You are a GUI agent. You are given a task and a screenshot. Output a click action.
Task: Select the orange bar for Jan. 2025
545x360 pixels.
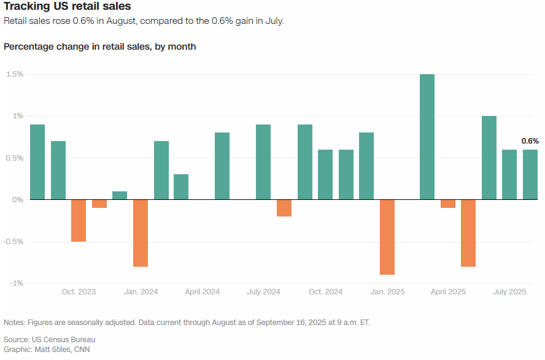point(387,237)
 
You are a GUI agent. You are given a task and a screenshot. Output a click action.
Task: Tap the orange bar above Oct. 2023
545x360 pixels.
point(79,220)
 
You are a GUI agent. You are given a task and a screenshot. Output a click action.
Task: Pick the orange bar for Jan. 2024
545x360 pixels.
point(141,233)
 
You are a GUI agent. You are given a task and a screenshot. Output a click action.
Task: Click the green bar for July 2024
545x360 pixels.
point(263,162)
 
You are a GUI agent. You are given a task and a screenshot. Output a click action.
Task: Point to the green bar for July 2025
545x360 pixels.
point(509,175)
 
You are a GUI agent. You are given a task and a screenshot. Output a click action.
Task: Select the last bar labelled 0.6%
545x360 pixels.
point(530,175)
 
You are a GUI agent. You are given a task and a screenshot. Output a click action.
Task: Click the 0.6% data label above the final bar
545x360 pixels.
point(530,141)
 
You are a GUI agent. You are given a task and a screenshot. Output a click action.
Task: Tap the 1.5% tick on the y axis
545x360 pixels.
point(15,74)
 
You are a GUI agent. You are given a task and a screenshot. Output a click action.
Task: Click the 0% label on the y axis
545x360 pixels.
point(17,200)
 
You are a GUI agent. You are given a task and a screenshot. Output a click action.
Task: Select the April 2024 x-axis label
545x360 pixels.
point(203,292)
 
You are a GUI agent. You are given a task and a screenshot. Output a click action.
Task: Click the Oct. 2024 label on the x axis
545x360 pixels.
point(325,292)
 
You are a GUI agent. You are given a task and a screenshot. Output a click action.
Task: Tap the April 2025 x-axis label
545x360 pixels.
point(448,292)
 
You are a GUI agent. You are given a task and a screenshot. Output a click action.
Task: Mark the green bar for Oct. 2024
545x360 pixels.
point(325,175)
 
